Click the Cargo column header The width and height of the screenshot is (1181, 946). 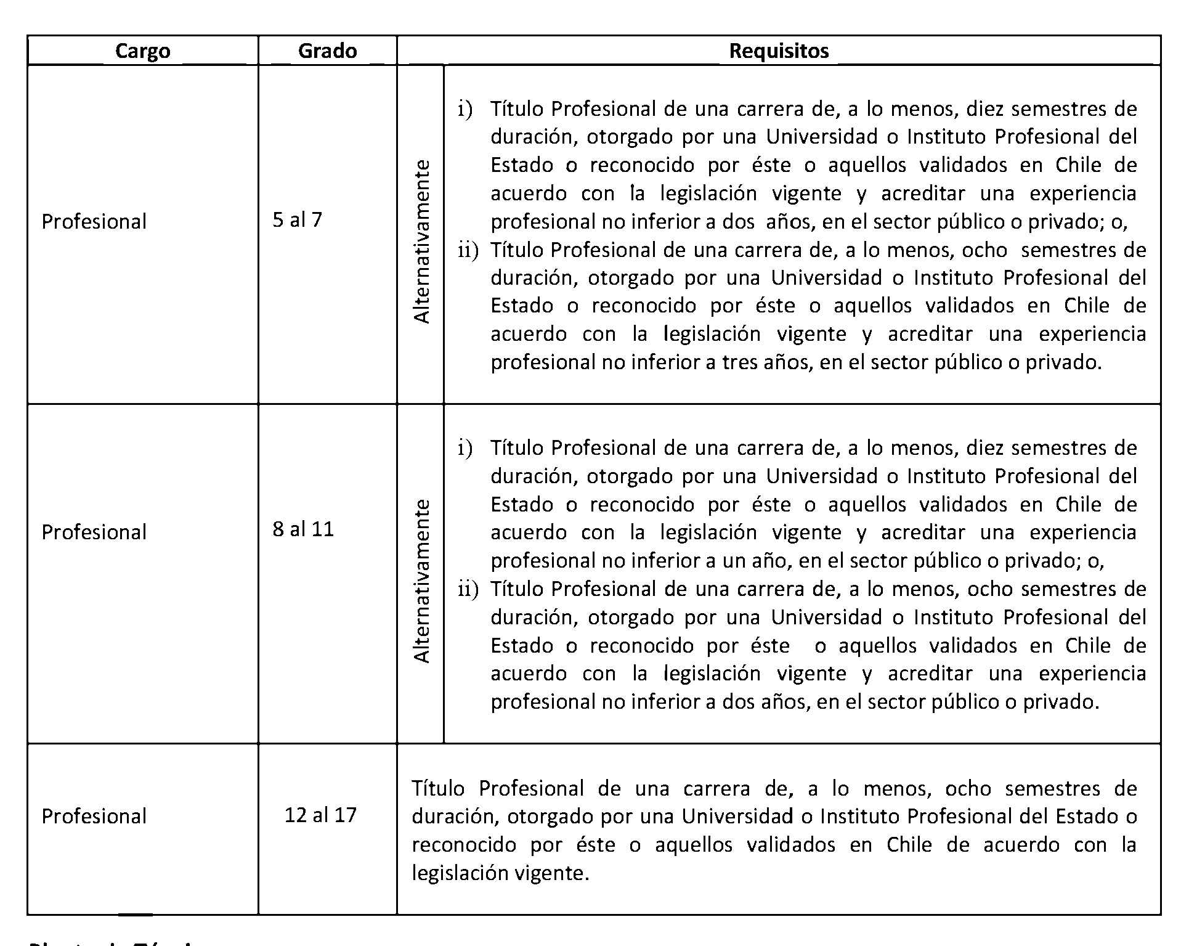pyautogui.click(x=142, y=51)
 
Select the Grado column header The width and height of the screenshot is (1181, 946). pyautogui.click(x=327, y=51)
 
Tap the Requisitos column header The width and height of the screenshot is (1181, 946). pyautogui.click(x=779, y=51)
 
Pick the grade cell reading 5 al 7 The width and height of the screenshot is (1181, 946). pyautogui.click(x=297, y=220)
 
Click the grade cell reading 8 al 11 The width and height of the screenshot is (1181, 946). pyautogui.click(x=303, y=529)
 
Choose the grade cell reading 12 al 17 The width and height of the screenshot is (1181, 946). pyautogui.click(x=320, y=815)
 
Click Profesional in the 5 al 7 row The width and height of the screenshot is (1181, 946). pyautogui.click(x=94, y=222)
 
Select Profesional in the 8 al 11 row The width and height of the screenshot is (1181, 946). pyautogui.click(x=94, y=532)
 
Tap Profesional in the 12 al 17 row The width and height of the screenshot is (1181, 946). pyautogui.click(x=94, y=817)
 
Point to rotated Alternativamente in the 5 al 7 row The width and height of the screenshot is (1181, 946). pyautogui.click(x=421, y=242)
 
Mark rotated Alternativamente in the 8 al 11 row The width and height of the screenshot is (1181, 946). pyautogui.click(x=421, y=581)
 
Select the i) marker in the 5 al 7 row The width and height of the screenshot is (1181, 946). pyautogui.click(x=465, y=110)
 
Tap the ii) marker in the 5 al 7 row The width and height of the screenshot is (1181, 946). pyautogui.click(x=468, y=250)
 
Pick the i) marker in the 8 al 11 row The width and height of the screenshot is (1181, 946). pyautogui.click(x=465, y=449)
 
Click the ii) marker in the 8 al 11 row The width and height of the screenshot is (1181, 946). pyautogui.click(x=468, y=590)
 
